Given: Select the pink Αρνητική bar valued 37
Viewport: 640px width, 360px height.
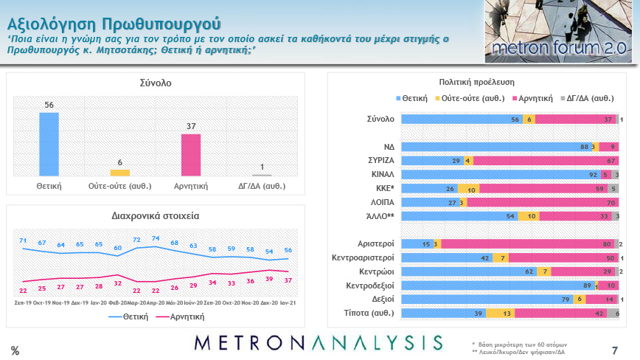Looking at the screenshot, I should pyautogui.click(x=191, y=155).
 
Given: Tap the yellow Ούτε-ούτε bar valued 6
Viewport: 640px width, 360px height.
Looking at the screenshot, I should pyautogui.click(x=119, y=173).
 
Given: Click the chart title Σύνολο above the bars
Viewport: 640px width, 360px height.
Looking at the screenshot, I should pyautogui.click(x=156, y=83).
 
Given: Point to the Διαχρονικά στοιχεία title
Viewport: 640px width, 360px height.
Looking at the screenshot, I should pyautogui.click(x=156, y=216).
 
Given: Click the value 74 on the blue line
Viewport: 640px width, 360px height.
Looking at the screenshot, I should pyautogui.click(x=156, y=238).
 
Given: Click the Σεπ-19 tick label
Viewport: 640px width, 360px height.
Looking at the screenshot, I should pyautogui.click(x=24, y=302).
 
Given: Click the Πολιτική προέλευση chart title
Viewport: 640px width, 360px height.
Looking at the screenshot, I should pyautogui.click(x=476, y=82).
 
